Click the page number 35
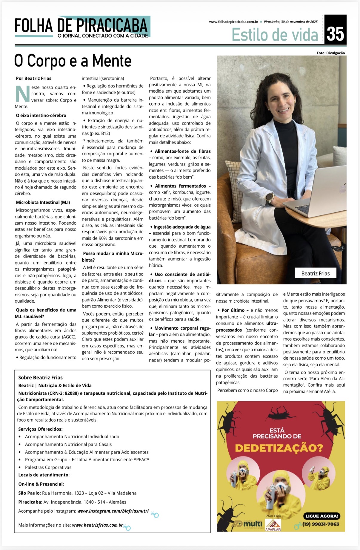click(335, 34)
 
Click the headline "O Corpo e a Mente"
click(73, 61)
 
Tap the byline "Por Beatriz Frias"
click(34, 78)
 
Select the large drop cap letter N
click(22, 94)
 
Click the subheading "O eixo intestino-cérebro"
click(41, 115)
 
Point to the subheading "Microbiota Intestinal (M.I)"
click(43, 202)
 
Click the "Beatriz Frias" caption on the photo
click(316, 273)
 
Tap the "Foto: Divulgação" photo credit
click(331, 53)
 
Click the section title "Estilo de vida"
click(275, 35)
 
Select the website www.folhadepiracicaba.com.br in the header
click(233, 22)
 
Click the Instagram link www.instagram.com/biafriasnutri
click(113, 511)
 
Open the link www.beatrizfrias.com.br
click(97, 525)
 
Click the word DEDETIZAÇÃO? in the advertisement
click(279, 448)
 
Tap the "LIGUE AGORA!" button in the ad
click(321, 516)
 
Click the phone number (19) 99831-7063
click(321, 524)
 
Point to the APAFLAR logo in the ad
click(273, 525)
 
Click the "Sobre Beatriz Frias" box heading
click(40, 378)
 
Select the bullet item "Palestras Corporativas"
click(48, 467)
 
